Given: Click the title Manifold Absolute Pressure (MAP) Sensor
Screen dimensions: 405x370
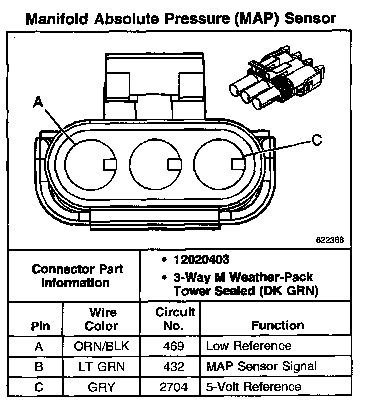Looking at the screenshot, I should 180,19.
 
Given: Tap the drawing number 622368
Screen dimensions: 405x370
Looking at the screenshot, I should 330,240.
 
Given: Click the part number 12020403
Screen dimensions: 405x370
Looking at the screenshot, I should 201,259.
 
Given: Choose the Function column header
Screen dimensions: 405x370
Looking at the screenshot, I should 277,325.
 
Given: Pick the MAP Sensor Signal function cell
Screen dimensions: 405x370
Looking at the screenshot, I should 261,366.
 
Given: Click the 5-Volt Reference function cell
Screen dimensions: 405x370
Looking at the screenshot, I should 254,387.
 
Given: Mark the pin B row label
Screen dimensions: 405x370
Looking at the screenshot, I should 39,366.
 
